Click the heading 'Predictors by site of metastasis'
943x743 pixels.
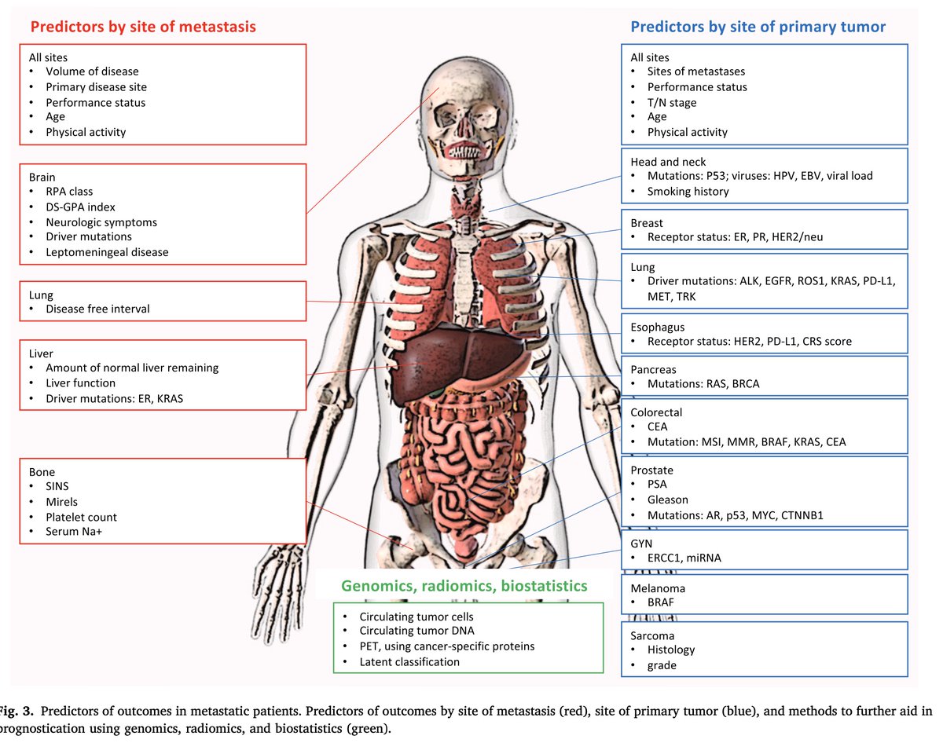143,27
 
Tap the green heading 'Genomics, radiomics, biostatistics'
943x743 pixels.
464,586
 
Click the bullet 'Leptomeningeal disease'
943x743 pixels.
107,251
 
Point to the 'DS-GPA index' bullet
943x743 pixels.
80,207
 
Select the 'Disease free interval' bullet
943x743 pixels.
97,309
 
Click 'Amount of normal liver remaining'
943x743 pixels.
132,368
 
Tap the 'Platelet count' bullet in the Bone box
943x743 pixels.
81,517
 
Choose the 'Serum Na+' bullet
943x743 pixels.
75,532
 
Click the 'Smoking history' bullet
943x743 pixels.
688,191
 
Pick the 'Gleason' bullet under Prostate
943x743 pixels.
667,500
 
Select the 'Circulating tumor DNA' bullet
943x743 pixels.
416,631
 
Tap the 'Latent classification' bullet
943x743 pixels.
409,661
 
